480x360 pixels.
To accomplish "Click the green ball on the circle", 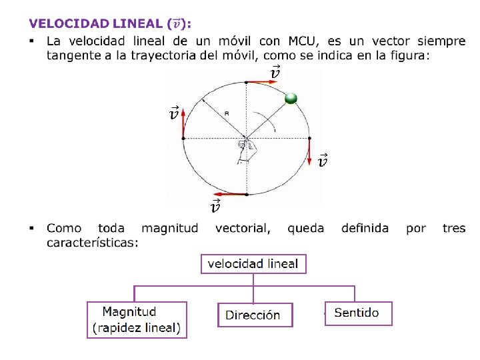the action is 291,99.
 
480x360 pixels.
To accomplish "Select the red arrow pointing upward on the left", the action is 183,121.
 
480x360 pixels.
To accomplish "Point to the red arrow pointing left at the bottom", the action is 229,195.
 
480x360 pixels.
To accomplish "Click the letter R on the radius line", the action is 227,114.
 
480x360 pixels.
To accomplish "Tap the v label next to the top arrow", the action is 275,73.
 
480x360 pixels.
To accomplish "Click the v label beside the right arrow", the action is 323,161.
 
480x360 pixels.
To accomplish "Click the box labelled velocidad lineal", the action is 253,264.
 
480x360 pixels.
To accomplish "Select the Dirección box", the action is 253,315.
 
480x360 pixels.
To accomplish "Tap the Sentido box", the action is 358,313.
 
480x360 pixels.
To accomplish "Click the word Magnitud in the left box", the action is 129,311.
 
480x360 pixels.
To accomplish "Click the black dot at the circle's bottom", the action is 247,195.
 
